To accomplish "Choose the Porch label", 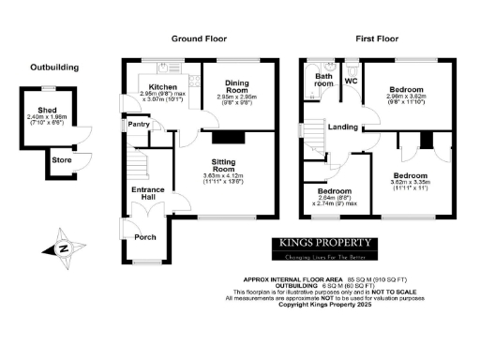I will (145, 236).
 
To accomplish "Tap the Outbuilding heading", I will (54, 67).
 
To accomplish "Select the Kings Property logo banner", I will (322, 247).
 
